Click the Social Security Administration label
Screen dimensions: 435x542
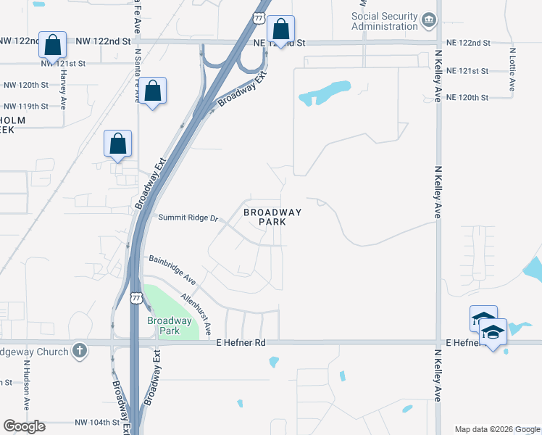384,21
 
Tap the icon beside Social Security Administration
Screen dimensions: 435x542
430,18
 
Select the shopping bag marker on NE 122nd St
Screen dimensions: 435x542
280,30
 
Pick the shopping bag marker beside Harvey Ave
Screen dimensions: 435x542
52,45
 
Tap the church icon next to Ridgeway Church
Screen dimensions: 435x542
80,352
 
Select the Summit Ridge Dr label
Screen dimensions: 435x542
188,217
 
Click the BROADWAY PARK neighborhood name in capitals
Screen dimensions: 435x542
272,217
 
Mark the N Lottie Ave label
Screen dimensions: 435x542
512,70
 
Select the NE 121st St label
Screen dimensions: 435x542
468,71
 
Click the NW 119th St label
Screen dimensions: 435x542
26,106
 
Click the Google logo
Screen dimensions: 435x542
24,426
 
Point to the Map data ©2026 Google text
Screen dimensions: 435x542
497,429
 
